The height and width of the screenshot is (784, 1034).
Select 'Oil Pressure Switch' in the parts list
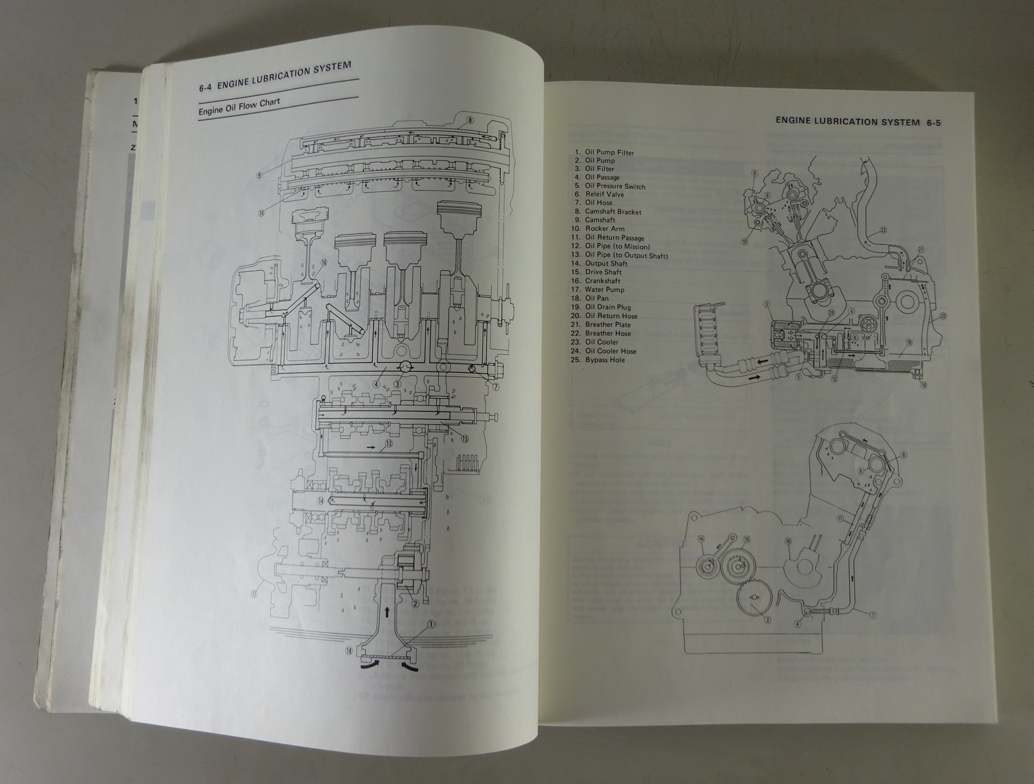coord(615,186)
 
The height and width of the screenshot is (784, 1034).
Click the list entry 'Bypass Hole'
coord(605,360)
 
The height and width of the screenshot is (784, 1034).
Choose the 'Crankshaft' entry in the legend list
coord(602,281)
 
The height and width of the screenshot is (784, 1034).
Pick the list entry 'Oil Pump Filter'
coord(609,153)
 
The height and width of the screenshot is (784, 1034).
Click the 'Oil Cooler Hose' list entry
coord(610,351)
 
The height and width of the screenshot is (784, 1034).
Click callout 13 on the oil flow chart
coord(388,444)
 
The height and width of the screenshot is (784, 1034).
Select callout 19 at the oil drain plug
coord(924,385)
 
